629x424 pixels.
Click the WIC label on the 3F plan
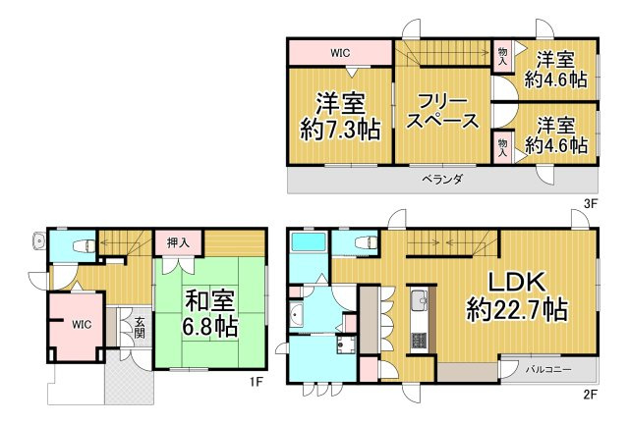(x=340, y=52)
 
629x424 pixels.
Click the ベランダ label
(x=442, y=181)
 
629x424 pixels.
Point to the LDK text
(x=517, y=278)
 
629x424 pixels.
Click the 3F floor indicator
(x=591, y=204)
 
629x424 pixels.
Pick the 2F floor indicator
(x=591, y=395)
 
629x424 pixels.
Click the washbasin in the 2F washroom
(x=296, y=314)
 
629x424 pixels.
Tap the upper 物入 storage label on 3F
(x=502, y=54)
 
